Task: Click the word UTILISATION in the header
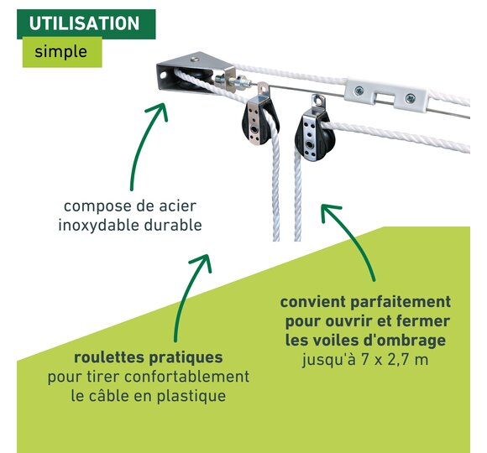point(84,23)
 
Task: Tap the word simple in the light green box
point(60,51)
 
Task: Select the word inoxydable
point(99,225)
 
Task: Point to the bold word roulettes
point(109,357)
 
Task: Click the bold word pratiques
point(186,358)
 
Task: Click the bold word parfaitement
point(401,302)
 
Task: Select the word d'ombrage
point(405,341)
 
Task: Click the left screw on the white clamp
point(359,91)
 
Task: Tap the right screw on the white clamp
point(410,99)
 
